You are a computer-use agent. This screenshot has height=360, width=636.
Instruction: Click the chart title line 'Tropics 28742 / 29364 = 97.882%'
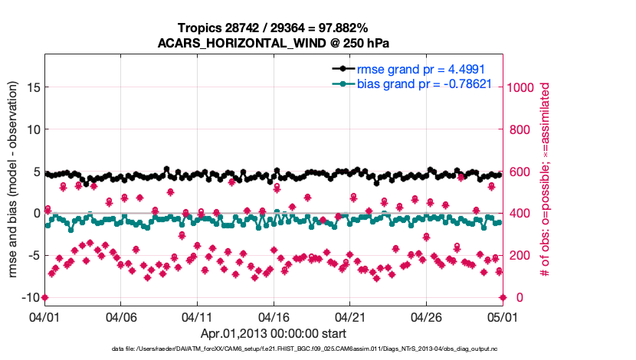[273, 28]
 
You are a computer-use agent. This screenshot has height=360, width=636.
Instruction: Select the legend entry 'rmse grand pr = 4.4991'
[421, 69]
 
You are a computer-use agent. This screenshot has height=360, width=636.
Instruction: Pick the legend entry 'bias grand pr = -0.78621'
[425, 83]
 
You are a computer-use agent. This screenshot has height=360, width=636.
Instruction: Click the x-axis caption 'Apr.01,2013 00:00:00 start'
[274, 334]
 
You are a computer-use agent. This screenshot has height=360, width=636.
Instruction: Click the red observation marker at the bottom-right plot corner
[503, 297]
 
